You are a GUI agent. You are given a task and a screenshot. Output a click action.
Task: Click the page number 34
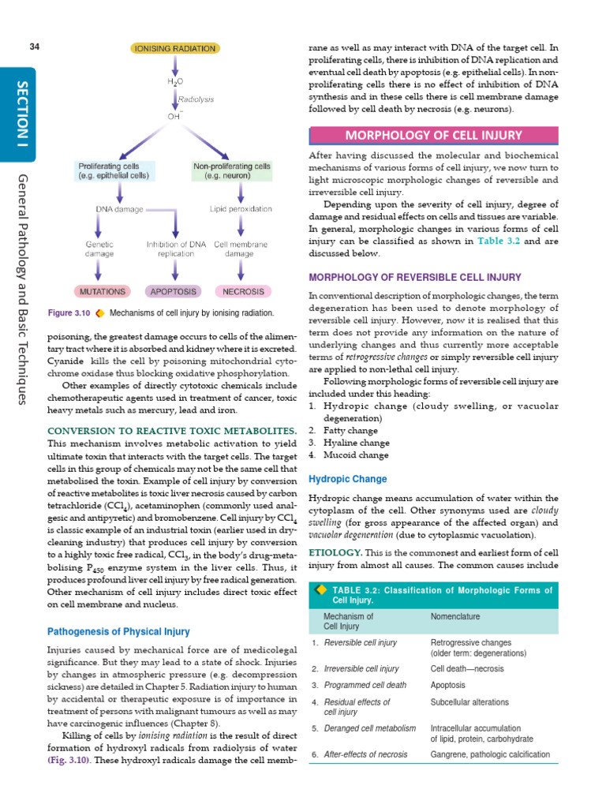34,47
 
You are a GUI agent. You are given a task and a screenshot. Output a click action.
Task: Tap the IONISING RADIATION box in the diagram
174,48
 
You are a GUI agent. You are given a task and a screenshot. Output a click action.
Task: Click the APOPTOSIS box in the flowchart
174,291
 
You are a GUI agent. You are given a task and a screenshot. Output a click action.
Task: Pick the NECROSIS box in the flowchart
243,291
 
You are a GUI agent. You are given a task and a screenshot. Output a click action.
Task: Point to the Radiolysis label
196,100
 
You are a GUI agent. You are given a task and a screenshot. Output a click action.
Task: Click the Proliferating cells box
113,170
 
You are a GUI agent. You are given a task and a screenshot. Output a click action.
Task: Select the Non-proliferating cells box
232,170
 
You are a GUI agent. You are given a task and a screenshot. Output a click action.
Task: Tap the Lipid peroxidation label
241,209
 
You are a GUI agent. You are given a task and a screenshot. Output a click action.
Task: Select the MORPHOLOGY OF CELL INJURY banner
433,135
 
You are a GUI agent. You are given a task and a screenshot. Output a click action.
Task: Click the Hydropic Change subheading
347,479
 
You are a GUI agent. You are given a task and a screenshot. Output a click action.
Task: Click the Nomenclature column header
455,616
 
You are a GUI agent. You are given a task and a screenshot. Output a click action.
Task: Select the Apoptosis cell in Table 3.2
447,685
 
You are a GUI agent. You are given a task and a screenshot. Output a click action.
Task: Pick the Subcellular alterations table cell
469,702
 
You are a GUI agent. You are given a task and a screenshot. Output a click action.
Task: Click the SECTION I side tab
21,110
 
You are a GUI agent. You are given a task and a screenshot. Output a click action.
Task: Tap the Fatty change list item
339,430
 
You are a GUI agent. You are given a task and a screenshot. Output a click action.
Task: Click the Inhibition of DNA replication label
176,249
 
